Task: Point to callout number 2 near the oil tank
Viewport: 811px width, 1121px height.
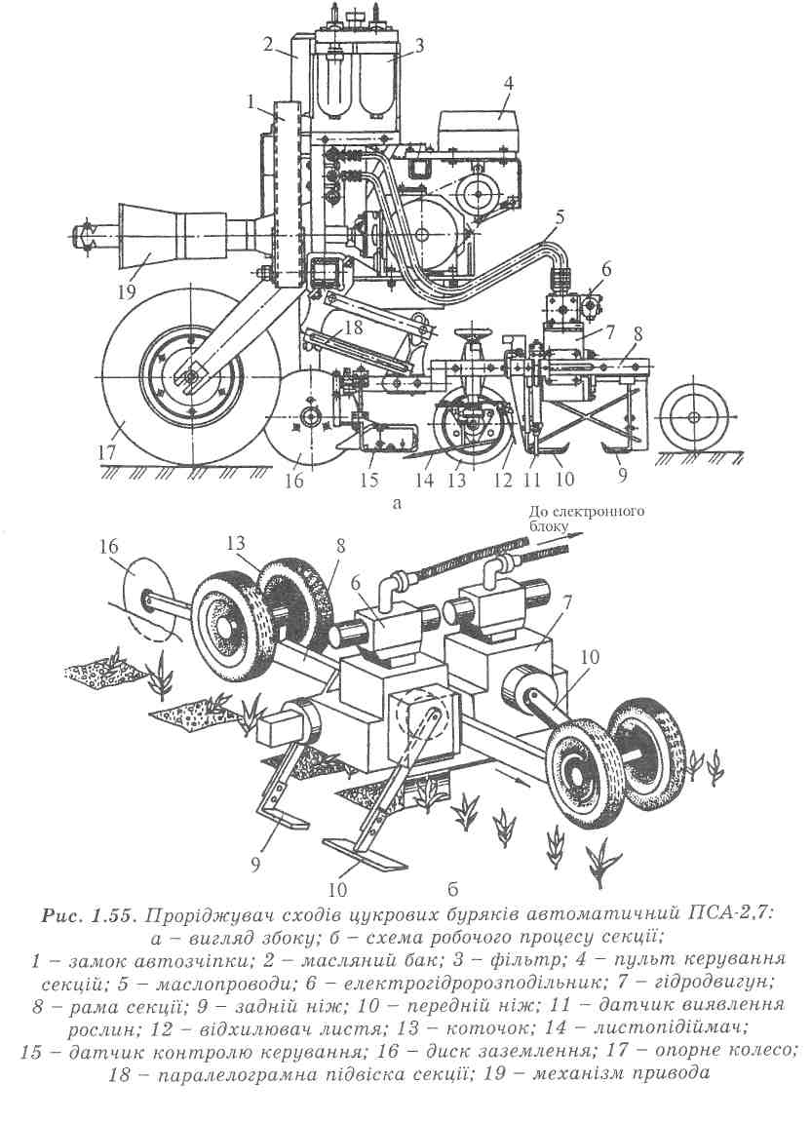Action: [268, 44]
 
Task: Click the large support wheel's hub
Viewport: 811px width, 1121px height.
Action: [192, 376]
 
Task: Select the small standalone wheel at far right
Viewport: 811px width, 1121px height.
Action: [692, 417]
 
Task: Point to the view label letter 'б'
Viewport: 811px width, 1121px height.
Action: [452, 890]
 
